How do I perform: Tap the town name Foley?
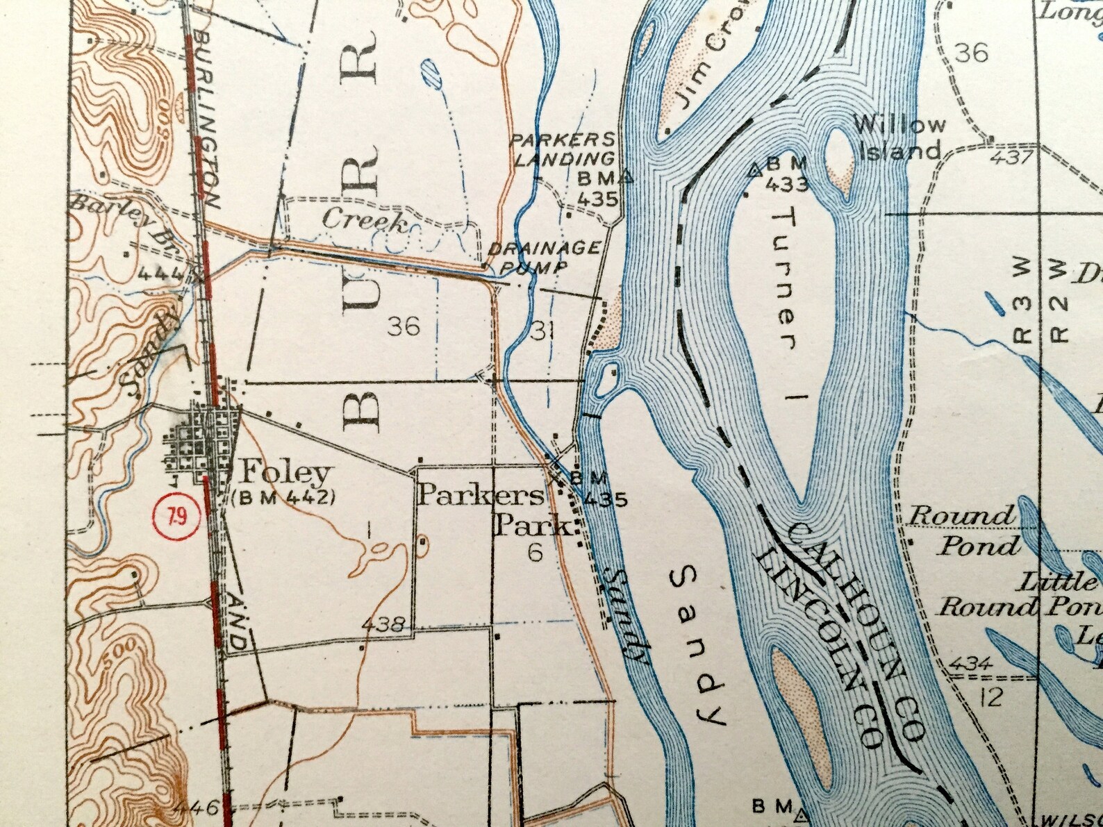tap(285, 474)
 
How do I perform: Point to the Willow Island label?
tap(899, 137)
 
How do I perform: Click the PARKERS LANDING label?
tap(564, 149)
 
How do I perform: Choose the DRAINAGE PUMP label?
tap(545, 258)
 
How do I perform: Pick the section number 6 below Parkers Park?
tap(535, 553)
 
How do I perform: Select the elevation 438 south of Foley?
tap(383, 624)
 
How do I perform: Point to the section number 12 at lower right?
tap(993, 697)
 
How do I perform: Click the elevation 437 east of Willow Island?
tap(1013, 157)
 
